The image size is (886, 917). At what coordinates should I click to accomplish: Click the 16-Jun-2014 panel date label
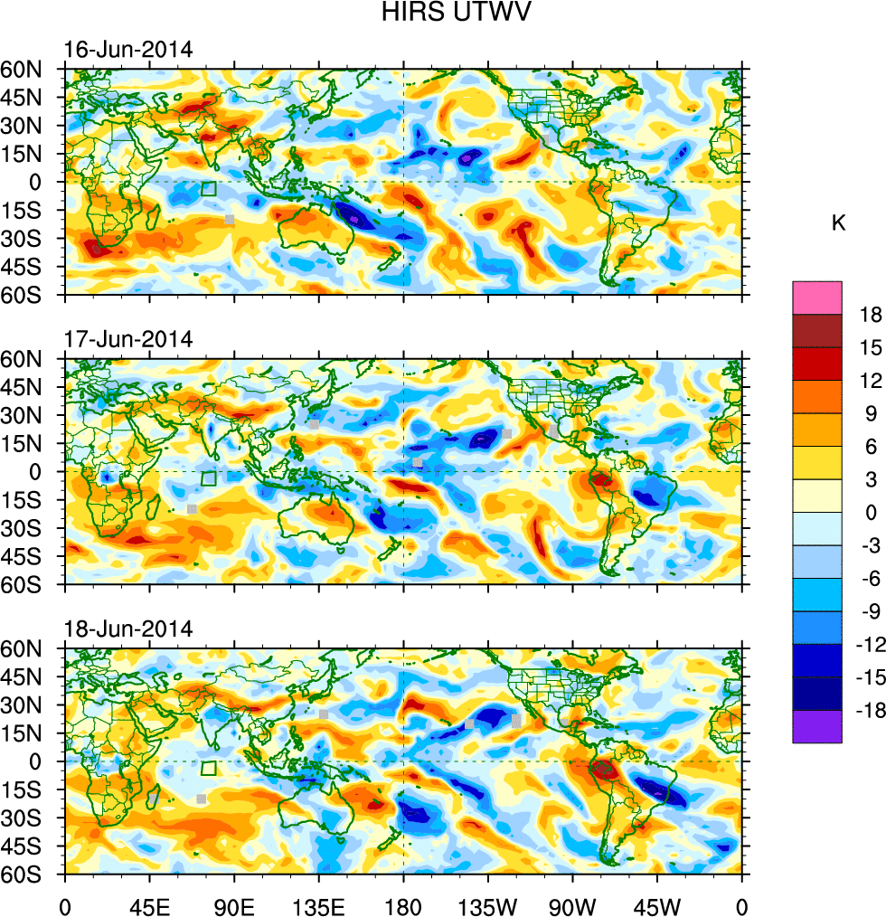[127, 50]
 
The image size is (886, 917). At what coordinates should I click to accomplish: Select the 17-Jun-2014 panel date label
[127, 339]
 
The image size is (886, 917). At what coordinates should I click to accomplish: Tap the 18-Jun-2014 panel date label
[127, 629]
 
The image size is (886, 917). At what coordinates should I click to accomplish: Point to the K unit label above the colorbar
[839, 222]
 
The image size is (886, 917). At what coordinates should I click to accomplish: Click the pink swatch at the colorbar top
[817, 297]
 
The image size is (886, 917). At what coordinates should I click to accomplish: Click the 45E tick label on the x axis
[149, 905]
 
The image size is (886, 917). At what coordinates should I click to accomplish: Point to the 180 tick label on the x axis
[403, 905]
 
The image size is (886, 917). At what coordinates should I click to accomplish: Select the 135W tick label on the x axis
[488, 905]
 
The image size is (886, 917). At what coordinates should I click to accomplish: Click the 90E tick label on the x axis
[234, 905]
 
